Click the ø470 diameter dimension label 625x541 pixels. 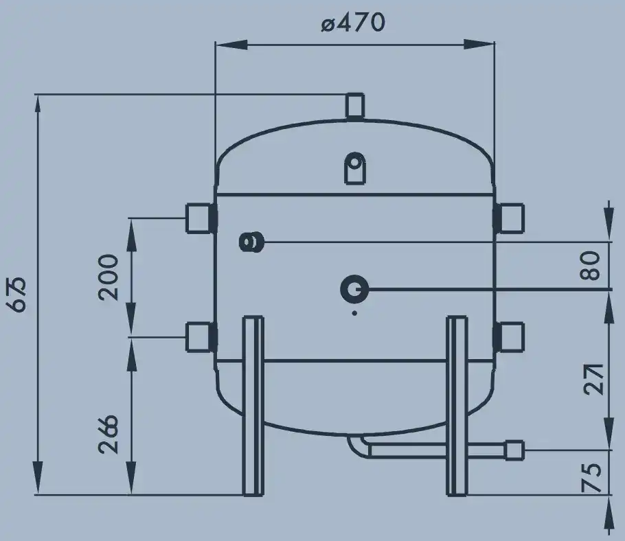click(353, 23)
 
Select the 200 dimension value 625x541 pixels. click(109, 277)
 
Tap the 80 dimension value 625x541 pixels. click(589, 265)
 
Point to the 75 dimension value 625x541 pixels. click(591, 477)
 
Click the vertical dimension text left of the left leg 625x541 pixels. click(109, 435)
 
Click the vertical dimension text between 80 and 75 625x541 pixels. click(594, 379)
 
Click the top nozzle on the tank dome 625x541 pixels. click(354, 106)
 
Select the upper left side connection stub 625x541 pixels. click(201, 218)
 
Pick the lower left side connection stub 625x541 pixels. click(201, 337)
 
